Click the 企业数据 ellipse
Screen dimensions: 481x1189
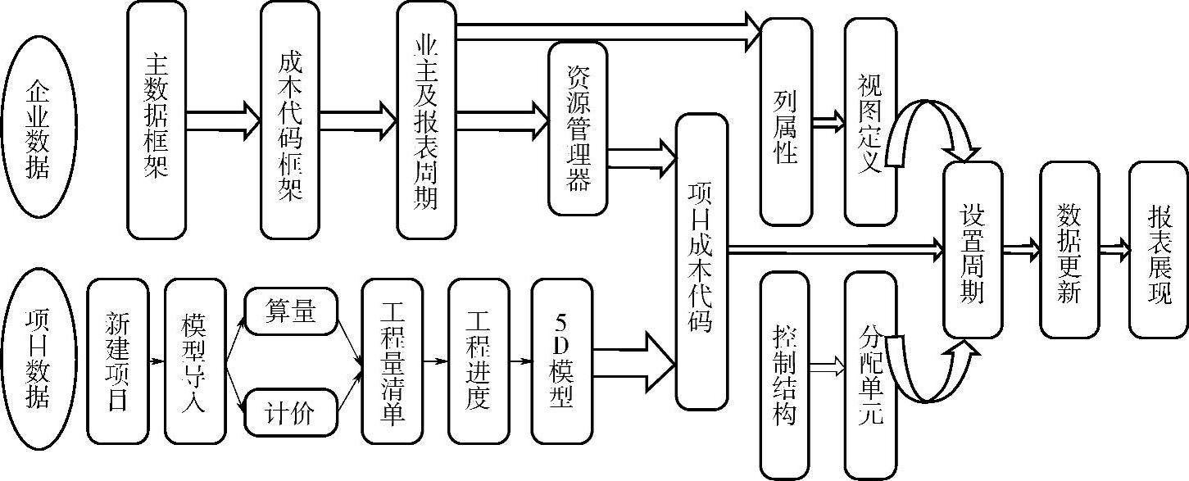click(x=39, y=129)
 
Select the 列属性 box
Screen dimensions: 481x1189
click(x=786, y=121)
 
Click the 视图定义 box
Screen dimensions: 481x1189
click(x=870, y=121)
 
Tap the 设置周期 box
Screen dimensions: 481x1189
click(x=973, y=249)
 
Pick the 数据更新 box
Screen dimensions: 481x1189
click(x=1069, y=249)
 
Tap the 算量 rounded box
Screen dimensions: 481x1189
click(x=292, y=311)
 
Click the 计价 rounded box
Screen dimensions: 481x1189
click(x=292, y=412)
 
